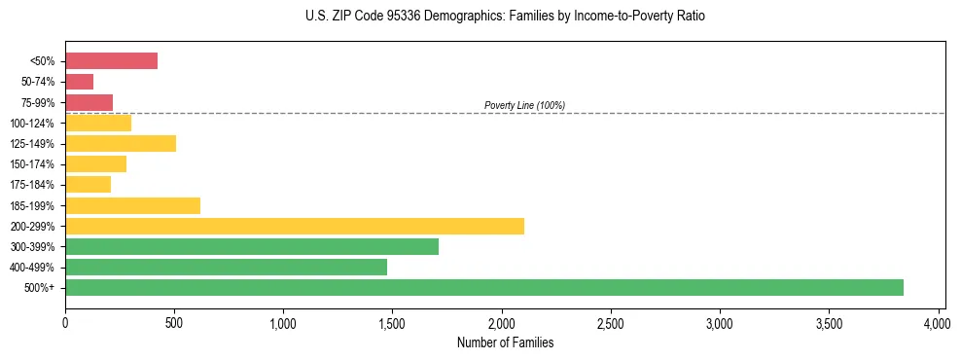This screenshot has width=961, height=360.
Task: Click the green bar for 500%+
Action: coord(483,287)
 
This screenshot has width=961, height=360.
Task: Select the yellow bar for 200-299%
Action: coord(295,226)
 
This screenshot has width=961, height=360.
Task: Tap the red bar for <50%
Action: coord(111,61)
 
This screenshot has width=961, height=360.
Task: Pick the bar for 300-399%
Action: coord(252,246)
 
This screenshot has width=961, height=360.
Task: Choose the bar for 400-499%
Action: coord(226,267)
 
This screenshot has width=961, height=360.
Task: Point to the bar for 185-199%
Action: coord(132,205)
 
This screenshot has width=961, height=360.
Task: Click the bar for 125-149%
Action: coord(121,143)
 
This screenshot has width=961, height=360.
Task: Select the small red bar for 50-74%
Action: coord(79,82)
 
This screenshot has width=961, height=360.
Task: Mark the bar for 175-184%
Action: coord(88,185)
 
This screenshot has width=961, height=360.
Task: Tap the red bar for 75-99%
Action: coord(89,102)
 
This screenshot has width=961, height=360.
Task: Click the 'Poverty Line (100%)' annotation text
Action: coord(524,105)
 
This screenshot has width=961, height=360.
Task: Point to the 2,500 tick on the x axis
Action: coord(611,322)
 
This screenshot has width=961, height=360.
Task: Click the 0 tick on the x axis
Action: coord(65,322)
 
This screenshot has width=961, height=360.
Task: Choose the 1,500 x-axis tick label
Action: coord(392,322)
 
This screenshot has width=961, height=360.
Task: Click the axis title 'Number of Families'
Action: coord(501,342)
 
